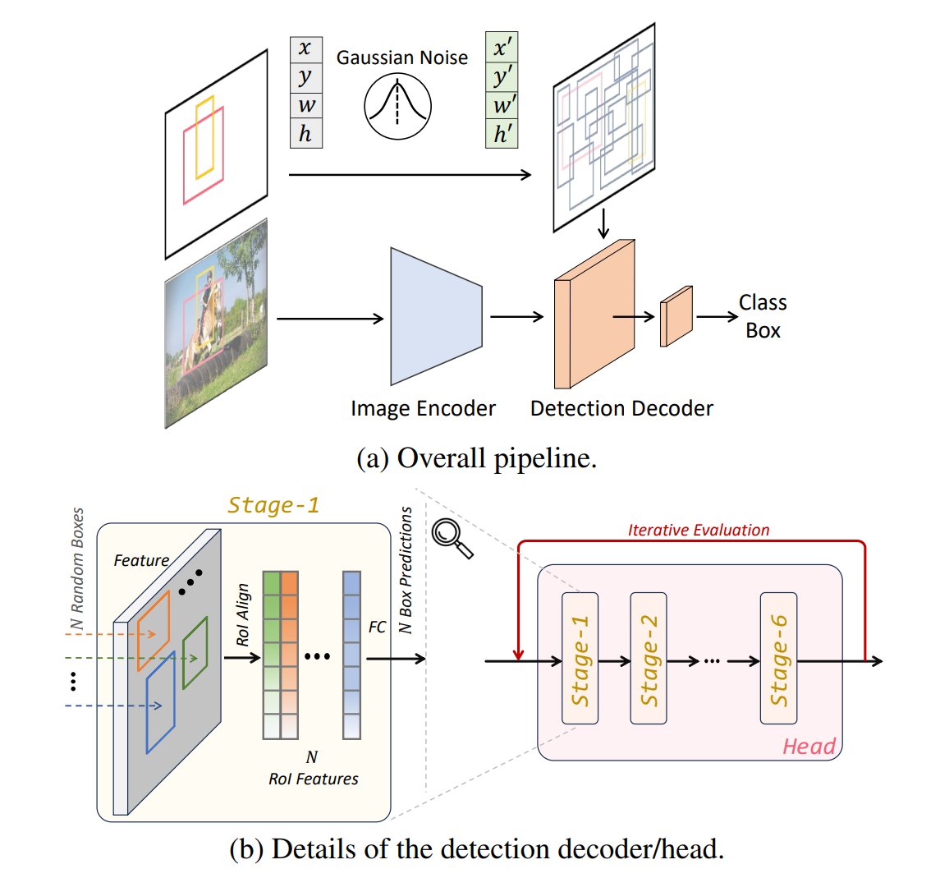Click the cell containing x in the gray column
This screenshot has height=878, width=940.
coord(305,49)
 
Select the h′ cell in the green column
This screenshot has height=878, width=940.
coord(502,134)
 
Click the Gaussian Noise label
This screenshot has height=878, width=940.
coord(402,57)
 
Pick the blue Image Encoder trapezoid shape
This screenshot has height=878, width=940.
coord(436,317)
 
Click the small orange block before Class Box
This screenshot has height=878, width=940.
coord(676,317)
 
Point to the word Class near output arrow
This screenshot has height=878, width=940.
coord(763,303)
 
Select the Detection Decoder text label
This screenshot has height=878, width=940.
coord(621,408)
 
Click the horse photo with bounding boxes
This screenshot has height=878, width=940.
coord(216,323)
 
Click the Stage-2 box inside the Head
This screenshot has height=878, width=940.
coord(649,659)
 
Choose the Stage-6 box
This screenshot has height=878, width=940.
coord(778,659)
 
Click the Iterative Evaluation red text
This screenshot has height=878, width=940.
coord(699,531)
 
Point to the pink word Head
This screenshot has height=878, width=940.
coord(809,746)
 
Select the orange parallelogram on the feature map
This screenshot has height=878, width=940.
coord(154,629)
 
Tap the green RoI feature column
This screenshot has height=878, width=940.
coord(271,655)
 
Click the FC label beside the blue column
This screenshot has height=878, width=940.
coord(377,627)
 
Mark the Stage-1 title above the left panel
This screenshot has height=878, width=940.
coord(273,505)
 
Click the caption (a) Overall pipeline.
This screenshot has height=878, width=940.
coord(476,458)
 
